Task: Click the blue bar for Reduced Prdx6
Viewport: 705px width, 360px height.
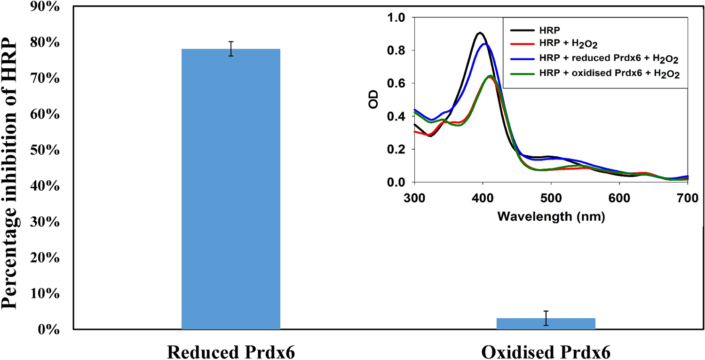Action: point(230,188)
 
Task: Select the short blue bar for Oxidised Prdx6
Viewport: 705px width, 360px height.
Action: point(546,324)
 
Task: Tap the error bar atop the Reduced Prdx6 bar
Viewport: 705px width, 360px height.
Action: point(231,48)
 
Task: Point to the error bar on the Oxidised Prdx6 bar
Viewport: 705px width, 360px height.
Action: point(546,318)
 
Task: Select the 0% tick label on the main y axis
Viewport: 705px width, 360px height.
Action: point(49,329)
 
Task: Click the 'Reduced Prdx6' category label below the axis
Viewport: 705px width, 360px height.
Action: point(231,352)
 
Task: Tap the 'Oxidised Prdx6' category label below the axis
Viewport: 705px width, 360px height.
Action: point(546,352)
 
